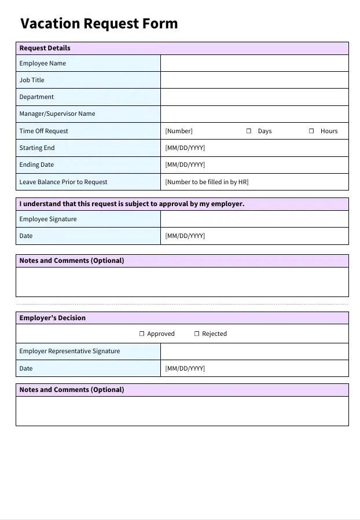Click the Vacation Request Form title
pyautogui.click(x=99, y=24)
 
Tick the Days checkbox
pyautogui.click(x=249, y=131)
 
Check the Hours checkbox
pyautogui.click(x=311, y=131)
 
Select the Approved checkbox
pyautogui.click(x=142, y=334)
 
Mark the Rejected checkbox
pyautogui.click(x=197, y=334)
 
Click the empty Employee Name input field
pyautogui.click(x=254, y=63)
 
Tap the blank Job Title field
pyautogui.click(x=254, y=80)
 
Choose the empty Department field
pyautogui.click(x=254, y=97)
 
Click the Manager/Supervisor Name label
pyautogui.click(x=57, y=113)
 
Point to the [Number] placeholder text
pyautogui.click(x=179, y=131)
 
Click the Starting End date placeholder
pyautogui.click(x=185, y=148)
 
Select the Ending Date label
pyautogui.click(x=36, y=164)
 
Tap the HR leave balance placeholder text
pyautogui.click(x=207, y=182)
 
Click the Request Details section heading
pyautogui.click(x=45, y=48)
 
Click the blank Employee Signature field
pyautogui.click(x=254, y=219)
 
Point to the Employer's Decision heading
pyautogui.click(x=52, y=318)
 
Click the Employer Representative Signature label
pyautogui.click(x=69, y=351)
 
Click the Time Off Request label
pyautogui.click(x=43, y=131)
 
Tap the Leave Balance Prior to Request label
pyautogui.click(x=63, y=182)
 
